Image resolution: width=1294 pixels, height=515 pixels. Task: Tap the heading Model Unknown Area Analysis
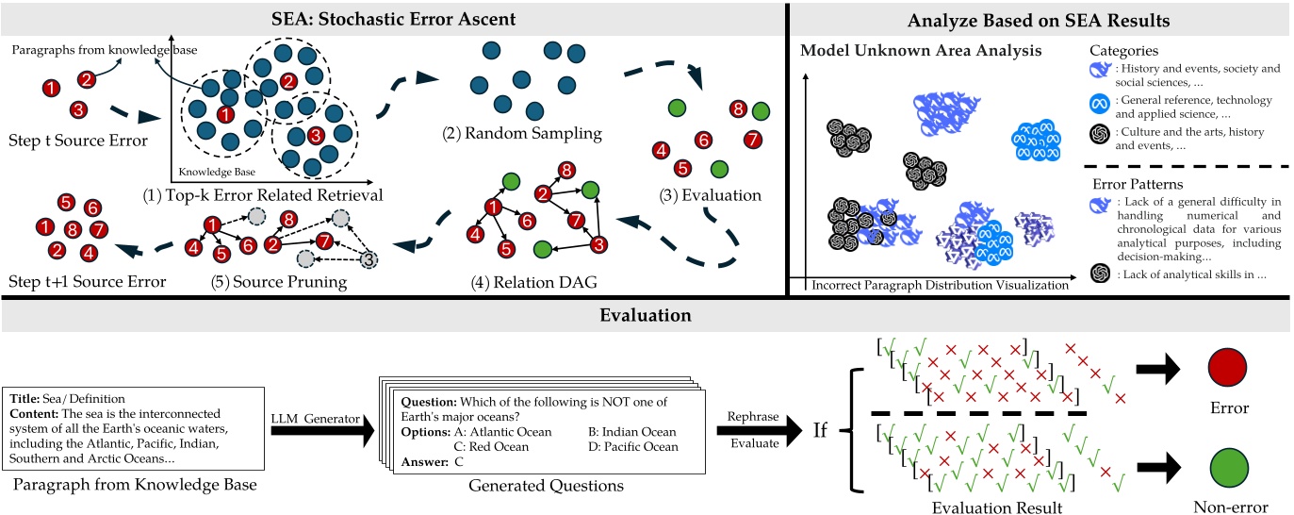(x=920, y=51)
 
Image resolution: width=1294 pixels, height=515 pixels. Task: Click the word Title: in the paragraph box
(x=25, y=399)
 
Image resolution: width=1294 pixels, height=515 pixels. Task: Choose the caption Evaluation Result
(x=996, y=507)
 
